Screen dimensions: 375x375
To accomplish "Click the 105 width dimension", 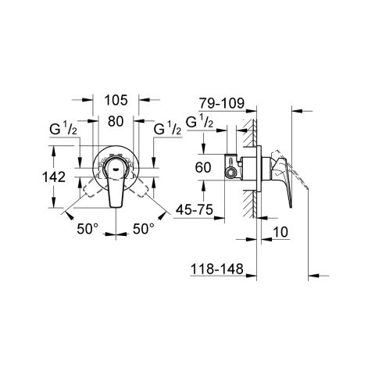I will [116, 100].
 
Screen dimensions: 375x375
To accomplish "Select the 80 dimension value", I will [116, 122].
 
